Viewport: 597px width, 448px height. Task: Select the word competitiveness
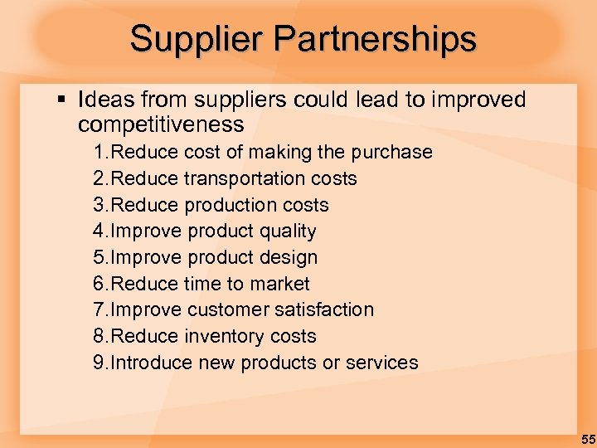[x=161, y=125]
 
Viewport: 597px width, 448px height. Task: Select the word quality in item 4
[x=287, y=231]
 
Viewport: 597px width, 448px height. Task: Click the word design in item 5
[x=288, y=258]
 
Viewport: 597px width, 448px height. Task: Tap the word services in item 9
[x=383, y=363]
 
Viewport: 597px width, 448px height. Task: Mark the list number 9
[x=99, y=363]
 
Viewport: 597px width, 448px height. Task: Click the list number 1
[x=99, y=153]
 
